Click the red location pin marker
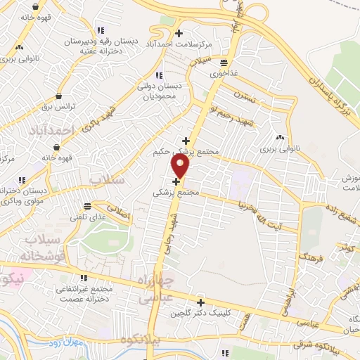coord(181,166)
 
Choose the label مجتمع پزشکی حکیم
coord(184,151)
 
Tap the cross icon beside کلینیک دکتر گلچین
coord(200,302)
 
